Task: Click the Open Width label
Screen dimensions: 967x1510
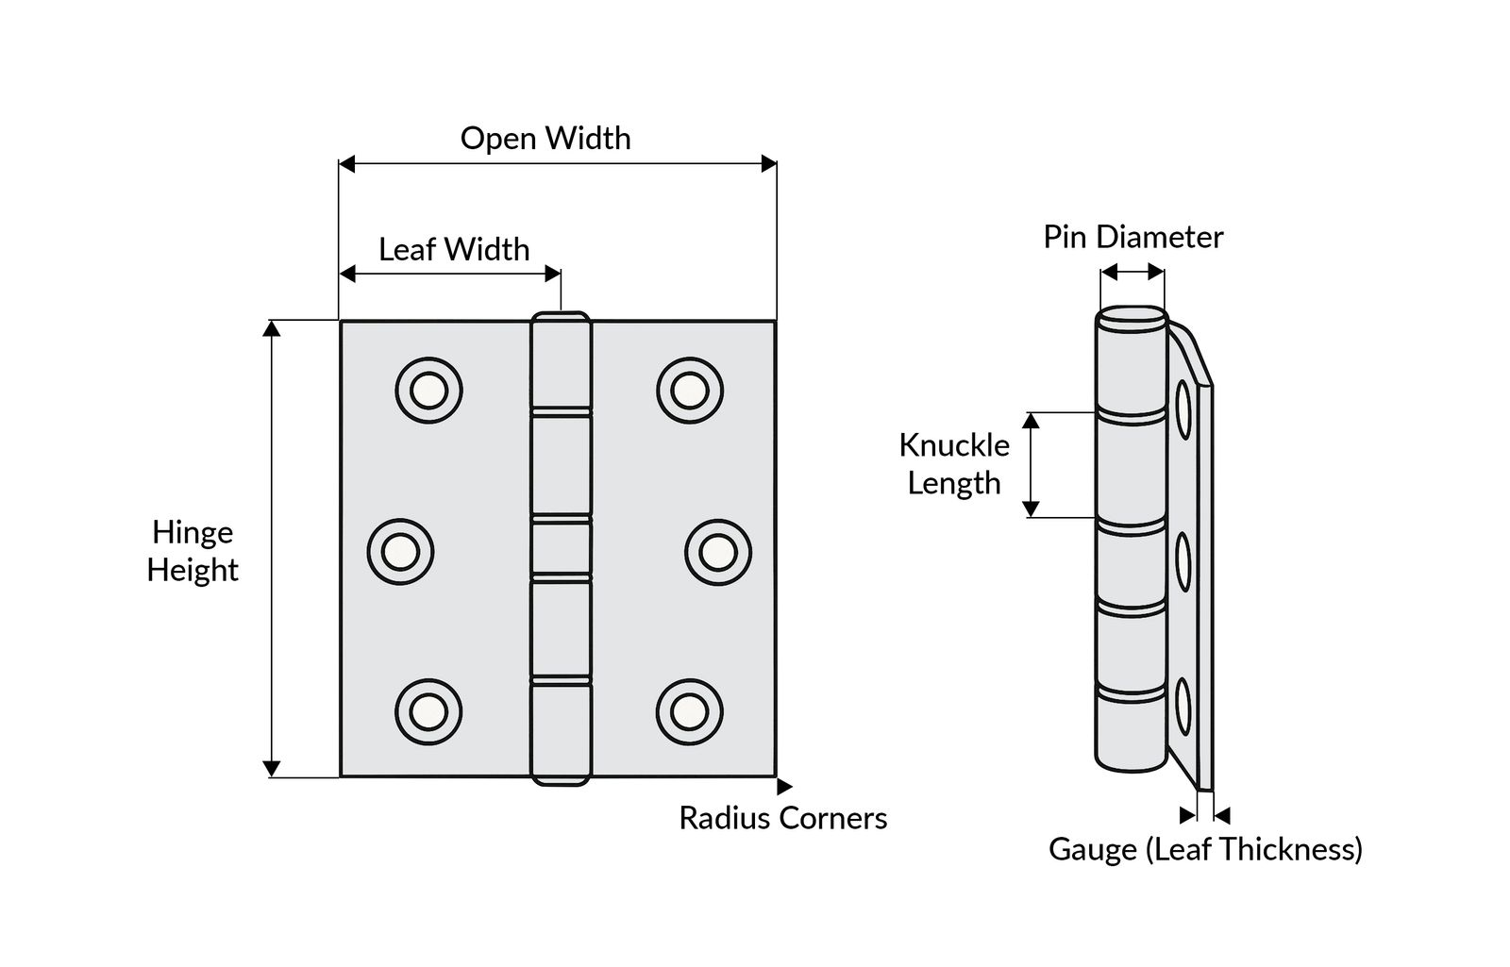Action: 545,139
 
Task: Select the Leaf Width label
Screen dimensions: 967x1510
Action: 454,250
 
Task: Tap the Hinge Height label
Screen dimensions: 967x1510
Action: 193,551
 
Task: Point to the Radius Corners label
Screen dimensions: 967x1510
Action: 782,818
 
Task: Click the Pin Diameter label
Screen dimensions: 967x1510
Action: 1132,237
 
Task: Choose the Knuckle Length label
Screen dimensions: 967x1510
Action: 953,464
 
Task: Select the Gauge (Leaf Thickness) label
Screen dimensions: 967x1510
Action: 1205,850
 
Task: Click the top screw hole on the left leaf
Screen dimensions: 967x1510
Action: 428,391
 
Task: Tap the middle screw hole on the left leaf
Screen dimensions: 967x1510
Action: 400,551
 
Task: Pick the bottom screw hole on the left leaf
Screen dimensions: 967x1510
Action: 428,711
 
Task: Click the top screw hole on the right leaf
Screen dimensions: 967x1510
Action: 690,391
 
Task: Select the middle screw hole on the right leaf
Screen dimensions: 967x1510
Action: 717,551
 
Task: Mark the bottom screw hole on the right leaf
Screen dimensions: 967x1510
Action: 690,711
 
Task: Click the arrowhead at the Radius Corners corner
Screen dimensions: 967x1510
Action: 783,785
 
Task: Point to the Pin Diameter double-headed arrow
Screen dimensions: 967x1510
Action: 1132,273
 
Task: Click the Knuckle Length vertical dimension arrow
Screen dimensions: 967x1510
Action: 1032,465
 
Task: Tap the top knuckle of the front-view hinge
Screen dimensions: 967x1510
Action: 561,362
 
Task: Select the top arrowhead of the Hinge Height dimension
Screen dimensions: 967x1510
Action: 272,328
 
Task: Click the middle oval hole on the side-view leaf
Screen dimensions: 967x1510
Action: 1183,563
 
